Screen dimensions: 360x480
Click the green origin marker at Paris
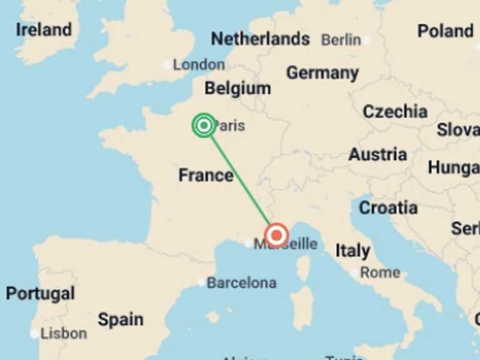pyautogui.click(x=204, y=126)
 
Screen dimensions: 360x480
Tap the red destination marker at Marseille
pyautogui.click(x=276, y=236)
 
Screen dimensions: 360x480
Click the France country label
pyautogui.click(x=206, y=175)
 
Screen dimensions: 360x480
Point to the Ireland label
pyautogui.click(x=44, y=29)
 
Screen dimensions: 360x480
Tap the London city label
pyautogui.click(x=198, y=64)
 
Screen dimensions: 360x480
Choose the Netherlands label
pyautogui.click(x=260, y=39)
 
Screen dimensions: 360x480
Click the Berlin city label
pyautogui.click(x=341, y=40)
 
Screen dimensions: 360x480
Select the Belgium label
pyautogui.click(x=237, y=88)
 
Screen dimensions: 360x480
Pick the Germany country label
pyautogui.click(x=322, y=73)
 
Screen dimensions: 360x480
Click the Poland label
pyautogui.click(x=445, y=31)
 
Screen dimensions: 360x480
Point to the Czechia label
pyautogui.click(x=395, y=112)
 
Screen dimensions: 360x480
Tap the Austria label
pyautogui.click(x=377, y=154)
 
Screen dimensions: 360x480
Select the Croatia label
pyautogui.click(x=387, y=207)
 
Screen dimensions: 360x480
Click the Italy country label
pyautogui.click(x=352, y=251)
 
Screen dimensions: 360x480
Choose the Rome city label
pyautogui.click(x=379, y=272)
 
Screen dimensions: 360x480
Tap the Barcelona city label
pyautogui.click(x=241, y=283)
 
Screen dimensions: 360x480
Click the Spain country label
pyautogui.click(x=120, y=320)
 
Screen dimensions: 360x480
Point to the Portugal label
pyautogui.click(x=40, y=293)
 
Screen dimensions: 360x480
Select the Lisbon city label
pyautogui.click(x=63, y=333)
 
